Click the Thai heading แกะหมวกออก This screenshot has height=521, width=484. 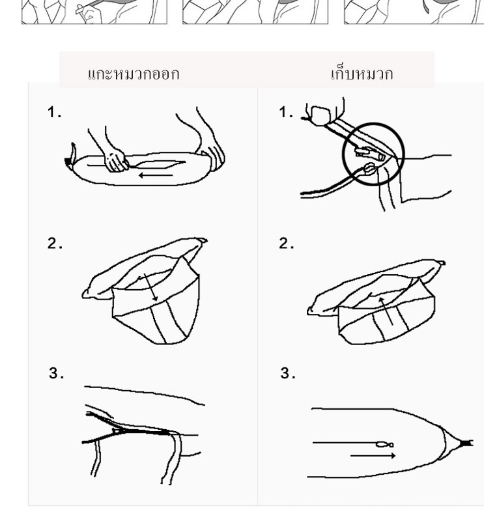[134, 74]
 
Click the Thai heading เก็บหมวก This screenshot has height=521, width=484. [362, 74]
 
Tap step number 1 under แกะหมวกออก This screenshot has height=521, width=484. [54, 112]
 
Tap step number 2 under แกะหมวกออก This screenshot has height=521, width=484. [55, 244]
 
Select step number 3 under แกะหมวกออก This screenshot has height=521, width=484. [56, 373]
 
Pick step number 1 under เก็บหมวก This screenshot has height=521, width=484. [286, 112]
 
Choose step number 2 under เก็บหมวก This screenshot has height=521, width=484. [286, 244]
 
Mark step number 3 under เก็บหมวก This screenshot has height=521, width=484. [287, 373]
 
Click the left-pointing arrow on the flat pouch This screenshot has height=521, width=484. [155, 175]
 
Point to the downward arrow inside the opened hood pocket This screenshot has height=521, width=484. [150, 288]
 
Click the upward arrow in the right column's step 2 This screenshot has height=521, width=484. [386, 311]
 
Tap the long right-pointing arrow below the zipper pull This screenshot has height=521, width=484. [373, 455]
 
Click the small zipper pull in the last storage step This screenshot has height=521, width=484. [384, 444]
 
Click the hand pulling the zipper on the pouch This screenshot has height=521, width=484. [115, 160]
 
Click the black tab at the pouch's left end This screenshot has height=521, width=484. [68, 161]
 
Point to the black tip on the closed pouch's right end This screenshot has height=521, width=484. [466, 443]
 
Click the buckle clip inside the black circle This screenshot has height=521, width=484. [369, 153]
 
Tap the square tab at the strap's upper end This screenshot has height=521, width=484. [320, 116]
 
